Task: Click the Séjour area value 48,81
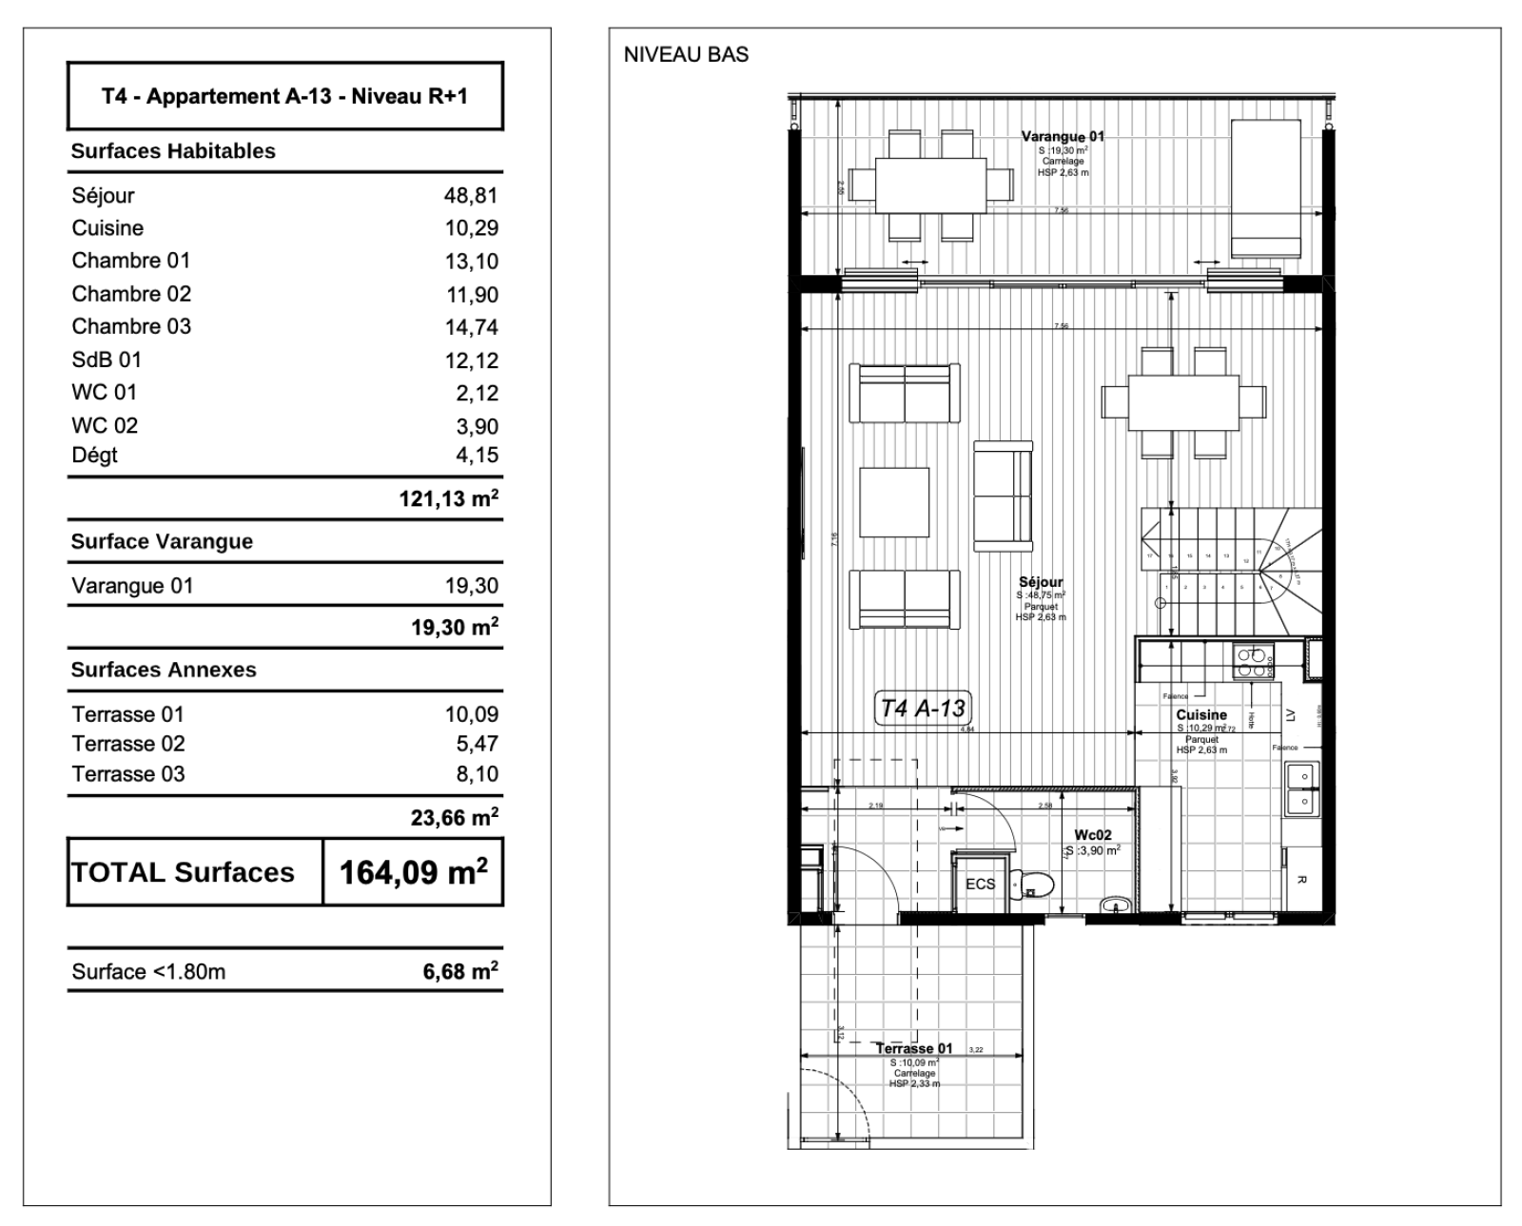(471, 196)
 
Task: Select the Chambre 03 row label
(131, 326)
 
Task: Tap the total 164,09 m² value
(413, 871)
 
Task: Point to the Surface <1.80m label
(148, 971)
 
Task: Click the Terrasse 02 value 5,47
(477, 744)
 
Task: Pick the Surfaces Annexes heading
(164, 670)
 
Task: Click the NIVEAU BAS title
(686, 55)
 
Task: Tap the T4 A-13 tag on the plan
(922, 708)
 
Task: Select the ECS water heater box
(980, 884)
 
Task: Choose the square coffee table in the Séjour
(894, 502)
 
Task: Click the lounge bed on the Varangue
(1265, 188)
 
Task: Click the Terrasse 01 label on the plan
(913, 1048)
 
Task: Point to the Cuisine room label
(1201, 714)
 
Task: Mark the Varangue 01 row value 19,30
(471, 586)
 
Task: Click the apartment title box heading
(284, 96)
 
